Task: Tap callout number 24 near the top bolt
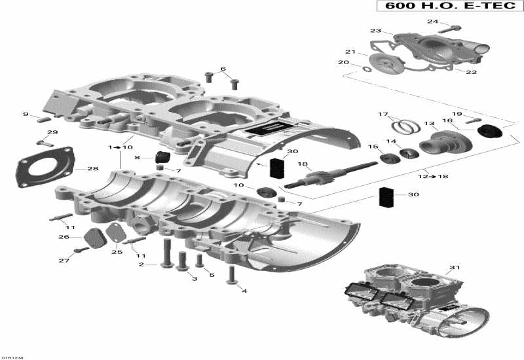click(x=432, y=22)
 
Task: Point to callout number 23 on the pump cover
click(x=375, y=31)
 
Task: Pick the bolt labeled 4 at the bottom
click(x=231, y=275)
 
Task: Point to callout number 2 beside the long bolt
click(x=141, y=264)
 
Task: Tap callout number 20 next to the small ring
click(x=343, y=63)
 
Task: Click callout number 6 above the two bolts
click(x=223, y=69)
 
